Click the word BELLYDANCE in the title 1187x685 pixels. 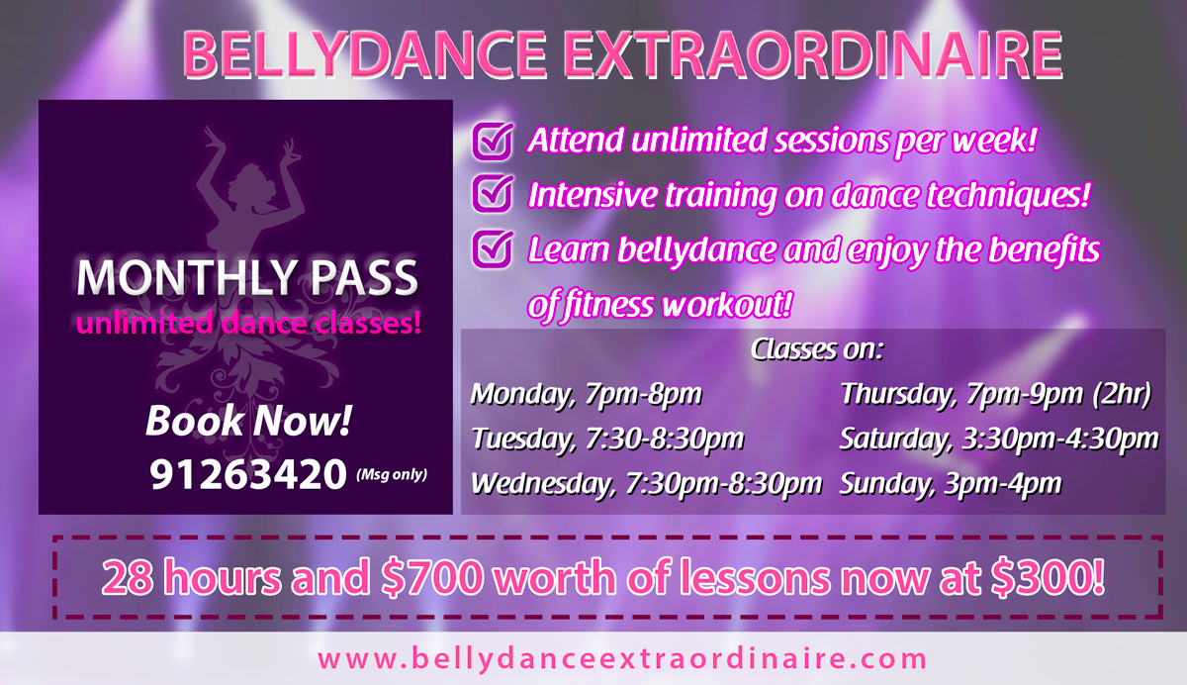(365, 55)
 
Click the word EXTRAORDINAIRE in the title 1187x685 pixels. (813, 55)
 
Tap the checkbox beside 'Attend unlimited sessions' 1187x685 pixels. (493, 141)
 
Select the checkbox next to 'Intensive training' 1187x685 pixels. (493, 193)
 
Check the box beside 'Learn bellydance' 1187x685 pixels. (493, 248)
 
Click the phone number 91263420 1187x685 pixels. (248, 474)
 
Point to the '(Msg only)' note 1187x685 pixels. (392, 474)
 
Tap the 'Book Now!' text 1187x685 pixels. (248, 421)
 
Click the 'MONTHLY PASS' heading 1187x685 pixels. (247, 277)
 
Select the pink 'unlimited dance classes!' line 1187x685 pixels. (248, 324)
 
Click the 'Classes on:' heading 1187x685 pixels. (817, 349)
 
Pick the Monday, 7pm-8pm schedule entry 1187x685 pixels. (586, 394)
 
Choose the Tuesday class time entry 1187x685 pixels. (607, 440)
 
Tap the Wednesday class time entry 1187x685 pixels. (647, 484)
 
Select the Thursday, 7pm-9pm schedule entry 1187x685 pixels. (996, 394)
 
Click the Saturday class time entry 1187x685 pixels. (999, 440)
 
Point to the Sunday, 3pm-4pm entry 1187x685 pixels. (951, 484)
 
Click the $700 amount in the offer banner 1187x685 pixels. (432, 578)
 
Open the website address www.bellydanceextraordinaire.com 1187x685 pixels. (622, 659)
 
